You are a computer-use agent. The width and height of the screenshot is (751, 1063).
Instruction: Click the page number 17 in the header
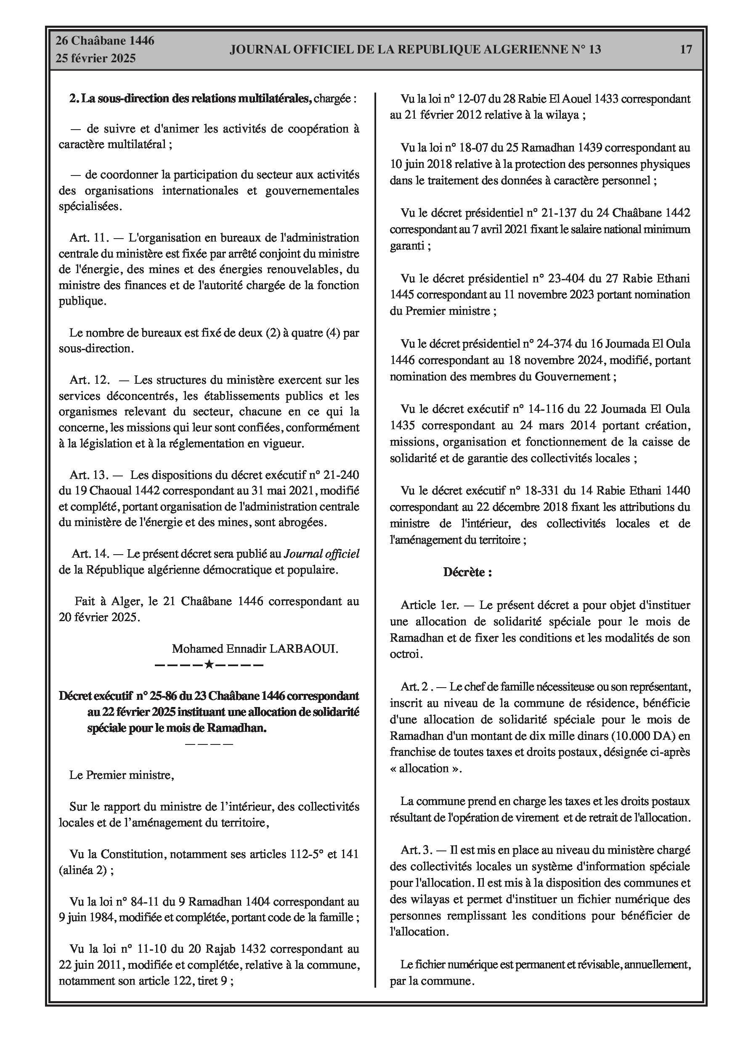click(686, 50)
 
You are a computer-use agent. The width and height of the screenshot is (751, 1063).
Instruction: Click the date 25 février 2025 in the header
click(96, 58)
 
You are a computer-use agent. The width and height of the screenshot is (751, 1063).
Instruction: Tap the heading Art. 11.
click(88, 238)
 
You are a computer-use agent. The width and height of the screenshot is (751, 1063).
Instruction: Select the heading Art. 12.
click(89, 380)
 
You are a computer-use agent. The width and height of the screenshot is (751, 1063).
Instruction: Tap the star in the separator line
click(209, 665)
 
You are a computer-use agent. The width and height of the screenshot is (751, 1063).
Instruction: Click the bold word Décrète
click(467, 572)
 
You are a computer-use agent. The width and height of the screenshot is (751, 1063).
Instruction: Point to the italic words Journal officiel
click(321, 554)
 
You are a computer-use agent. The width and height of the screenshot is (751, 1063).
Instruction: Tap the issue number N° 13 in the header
click(585, 50)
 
